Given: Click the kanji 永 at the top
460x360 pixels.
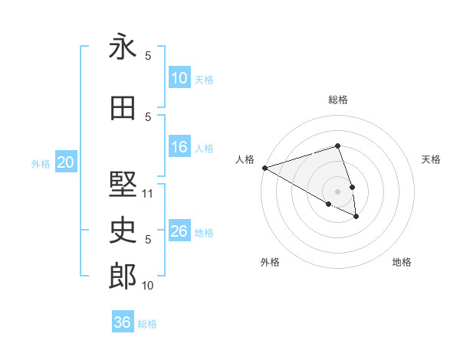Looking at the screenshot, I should [123, 47].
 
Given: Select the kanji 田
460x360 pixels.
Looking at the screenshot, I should [123, 109].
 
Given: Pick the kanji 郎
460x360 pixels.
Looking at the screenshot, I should [123, 277].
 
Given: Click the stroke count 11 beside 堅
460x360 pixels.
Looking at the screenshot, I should [149, 194].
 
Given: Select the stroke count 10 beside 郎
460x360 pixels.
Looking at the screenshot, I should [149, 286].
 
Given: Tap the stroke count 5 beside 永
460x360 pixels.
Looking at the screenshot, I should [148, 56].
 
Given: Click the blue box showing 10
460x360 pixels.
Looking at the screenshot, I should [179, 78].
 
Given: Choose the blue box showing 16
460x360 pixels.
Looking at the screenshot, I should [179, 147].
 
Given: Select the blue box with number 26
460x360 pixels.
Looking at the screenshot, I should [179, 231].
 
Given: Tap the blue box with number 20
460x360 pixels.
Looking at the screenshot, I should [66, 162].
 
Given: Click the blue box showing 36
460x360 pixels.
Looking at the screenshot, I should [123, 322].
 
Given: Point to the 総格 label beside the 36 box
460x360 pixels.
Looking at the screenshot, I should [147, 324].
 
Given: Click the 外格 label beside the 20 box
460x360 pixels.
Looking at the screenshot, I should [41, 163].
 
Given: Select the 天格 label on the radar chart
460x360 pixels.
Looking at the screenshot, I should [431, 159].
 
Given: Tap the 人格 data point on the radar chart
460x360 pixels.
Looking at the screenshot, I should [264, 167].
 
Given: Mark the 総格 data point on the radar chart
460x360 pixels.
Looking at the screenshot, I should [337, 146].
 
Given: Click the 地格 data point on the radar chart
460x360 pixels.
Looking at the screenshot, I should [356, 217].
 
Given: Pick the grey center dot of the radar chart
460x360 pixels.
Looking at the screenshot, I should [337, 191].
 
